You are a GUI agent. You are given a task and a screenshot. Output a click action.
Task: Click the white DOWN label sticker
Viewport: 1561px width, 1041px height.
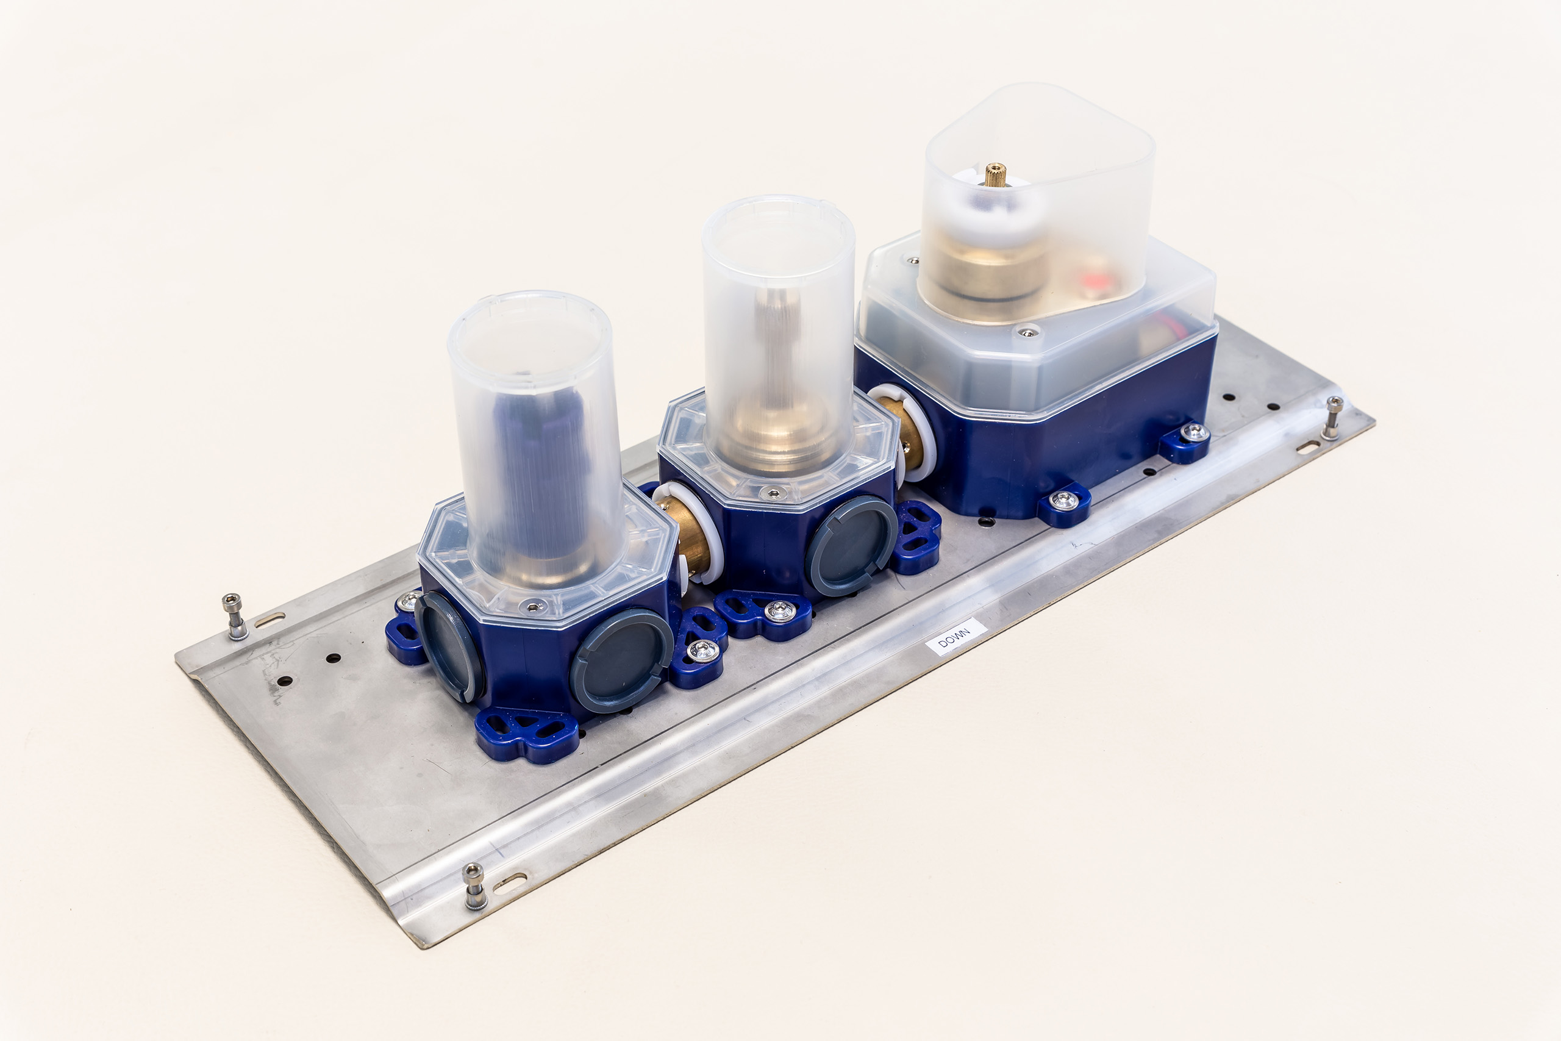coord(956,637)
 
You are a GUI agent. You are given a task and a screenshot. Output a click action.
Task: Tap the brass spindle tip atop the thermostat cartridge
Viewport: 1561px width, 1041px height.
coord(994,174)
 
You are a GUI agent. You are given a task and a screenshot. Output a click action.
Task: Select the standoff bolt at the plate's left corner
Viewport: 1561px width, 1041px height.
coord(234,616)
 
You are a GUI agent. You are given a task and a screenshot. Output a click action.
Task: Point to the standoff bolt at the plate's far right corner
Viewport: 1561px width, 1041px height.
coord(1332,418)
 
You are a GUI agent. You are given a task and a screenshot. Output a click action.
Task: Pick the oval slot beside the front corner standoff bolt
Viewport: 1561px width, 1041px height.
coord(510,882)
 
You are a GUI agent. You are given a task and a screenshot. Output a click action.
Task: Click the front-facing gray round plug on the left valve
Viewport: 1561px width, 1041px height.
coord(621,660)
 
